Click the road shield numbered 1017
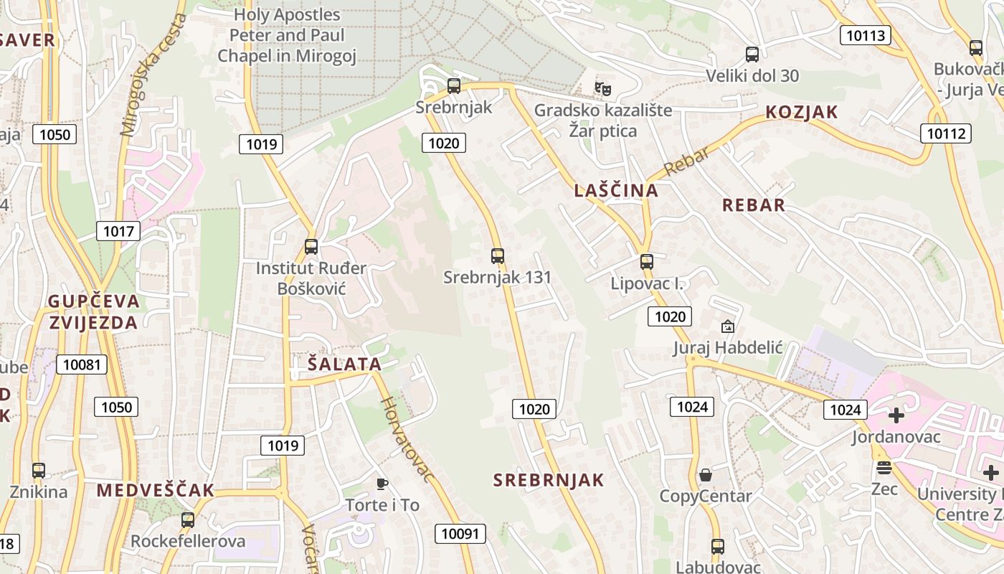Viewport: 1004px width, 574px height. click(118, 231)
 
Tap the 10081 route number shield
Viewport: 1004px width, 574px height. click(81, 364)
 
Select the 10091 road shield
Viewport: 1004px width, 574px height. click(460, 533)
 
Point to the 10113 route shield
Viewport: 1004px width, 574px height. click(865, 35)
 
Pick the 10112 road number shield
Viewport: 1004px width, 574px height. click(946, 133)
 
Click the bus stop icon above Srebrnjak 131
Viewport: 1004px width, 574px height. click(497, 255)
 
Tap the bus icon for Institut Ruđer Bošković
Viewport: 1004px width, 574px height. click(311, 247)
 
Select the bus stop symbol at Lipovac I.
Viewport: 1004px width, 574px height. click(646, 262)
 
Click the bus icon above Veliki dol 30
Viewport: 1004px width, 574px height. click(752, 55)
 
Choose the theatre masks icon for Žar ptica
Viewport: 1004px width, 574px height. click(602, 89)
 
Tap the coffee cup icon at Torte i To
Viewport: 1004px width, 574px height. click(382, 484)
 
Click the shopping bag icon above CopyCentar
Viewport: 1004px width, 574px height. click(705, 475)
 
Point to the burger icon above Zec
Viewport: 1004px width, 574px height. click(884, 468)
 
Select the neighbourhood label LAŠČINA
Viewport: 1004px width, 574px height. click(616, 190)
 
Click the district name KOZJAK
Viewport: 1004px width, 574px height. click(801, 112)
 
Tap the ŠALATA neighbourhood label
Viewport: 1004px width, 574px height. click(344, 364)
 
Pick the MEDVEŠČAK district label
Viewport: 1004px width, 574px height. click(155, 491)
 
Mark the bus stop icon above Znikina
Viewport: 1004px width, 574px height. click(39, 471)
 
